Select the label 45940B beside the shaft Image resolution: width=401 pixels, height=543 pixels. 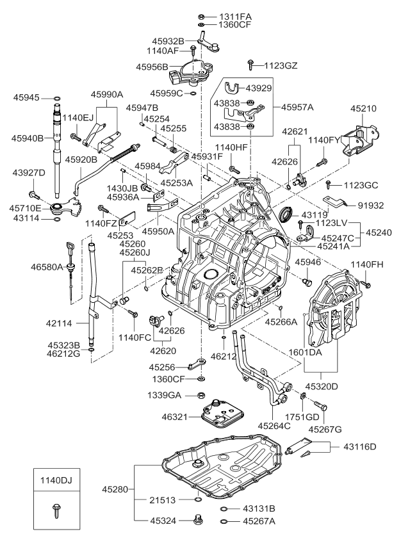(27, 138)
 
